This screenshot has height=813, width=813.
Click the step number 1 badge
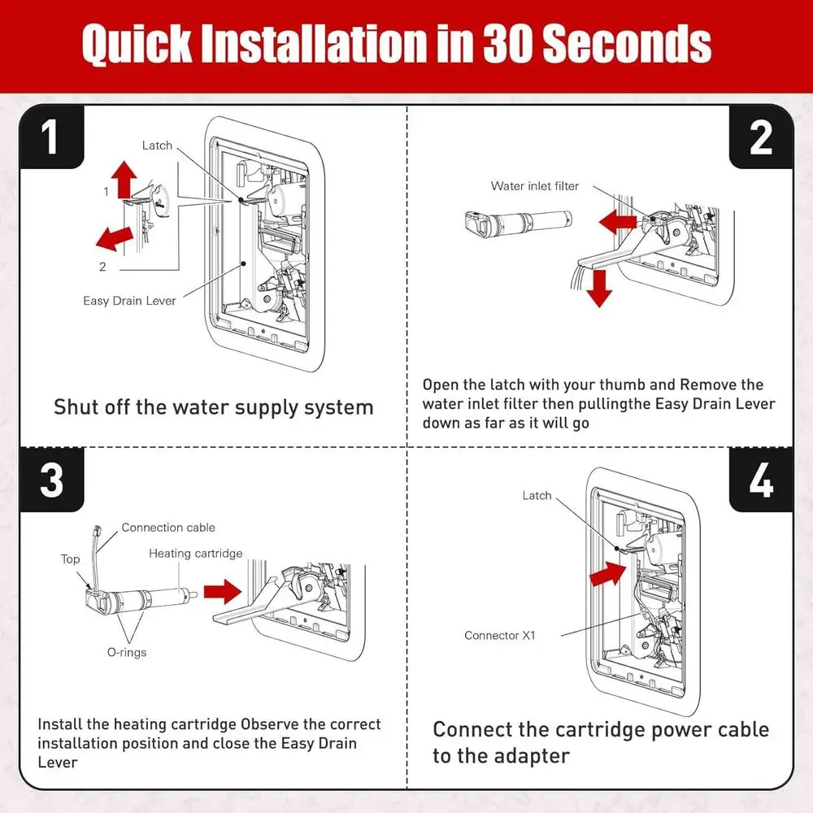[51, 137]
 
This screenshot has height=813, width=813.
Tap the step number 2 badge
[761, 137]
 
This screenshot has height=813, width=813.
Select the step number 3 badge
[51, 480]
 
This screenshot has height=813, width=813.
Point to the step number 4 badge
[761, 480]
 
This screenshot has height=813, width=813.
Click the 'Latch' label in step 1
[157, 146]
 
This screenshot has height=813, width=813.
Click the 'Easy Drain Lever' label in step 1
[129, 301]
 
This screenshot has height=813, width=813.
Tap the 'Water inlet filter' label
[535, 186]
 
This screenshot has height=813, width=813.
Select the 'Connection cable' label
[168, 528]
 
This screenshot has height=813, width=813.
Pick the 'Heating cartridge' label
[195, 554]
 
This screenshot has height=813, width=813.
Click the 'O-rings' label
[127, 652]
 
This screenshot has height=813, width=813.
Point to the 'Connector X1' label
[499, 635]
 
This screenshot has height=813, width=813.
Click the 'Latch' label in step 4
[537, 496]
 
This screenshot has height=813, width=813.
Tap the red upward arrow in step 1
[124, 179]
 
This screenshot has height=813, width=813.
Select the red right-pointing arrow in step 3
[223, 592]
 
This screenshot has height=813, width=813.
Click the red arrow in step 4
[607, 574]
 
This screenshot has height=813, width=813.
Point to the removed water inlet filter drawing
[519, 224]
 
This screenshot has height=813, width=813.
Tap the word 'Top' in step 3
[70, 559]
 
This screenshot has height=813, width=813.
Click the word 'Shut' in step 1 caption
[76, 407]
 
